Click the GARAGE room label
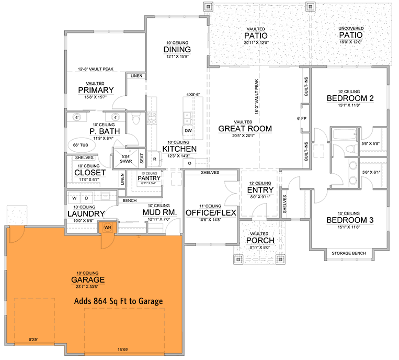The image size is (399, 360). pos(86,279)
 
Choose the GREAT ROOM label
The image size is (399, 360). pos(245,128)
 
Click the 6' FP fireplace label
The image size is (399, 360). pos(301,118)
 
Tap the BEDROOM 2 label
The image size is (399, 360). pos(350,98)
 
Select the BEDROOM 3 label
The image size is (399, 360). pos(349,220)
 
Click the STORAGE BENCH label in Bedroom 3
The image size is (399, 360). pos(349,253)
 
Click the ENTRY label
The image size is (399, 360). pos(260,189)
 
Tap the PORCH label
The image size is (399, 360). pos(260,240)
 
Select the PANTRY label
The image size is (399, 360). pos(149,178)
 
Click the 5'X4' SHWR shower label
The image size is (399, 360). pos(125,159)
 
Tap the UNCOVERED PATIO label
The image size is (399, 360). pos(351,35)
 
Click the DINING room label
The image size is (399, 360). pos(173,50)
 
